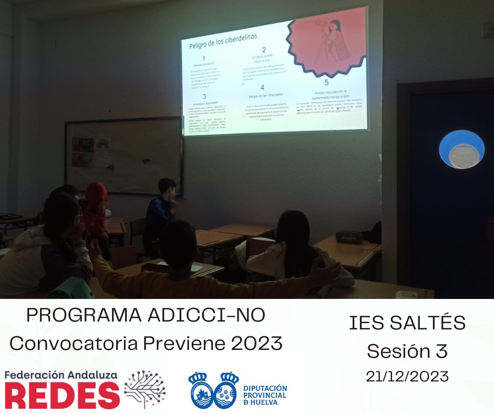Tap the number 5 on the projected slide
click(x=326, y=82)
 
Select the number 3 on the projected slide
click(x=204, y=97)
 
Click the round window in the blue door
click(x=461, y=149)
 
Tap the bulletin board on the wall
click(x=124, y=156)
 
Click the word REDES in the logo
click(x=62, y=395)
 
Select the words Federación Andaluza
click(x=61, y=375)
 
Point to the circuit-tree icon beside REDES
click(x=145, y=389)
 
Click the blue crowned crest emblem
click(x=213, y=390)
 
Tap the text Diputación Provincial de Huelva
click(x=265, y=394)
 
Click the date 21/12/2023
click(x=407, y=376)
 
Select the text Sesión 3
click(x=407, y=350)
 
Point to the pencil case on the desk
click(x=349, y=237)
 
